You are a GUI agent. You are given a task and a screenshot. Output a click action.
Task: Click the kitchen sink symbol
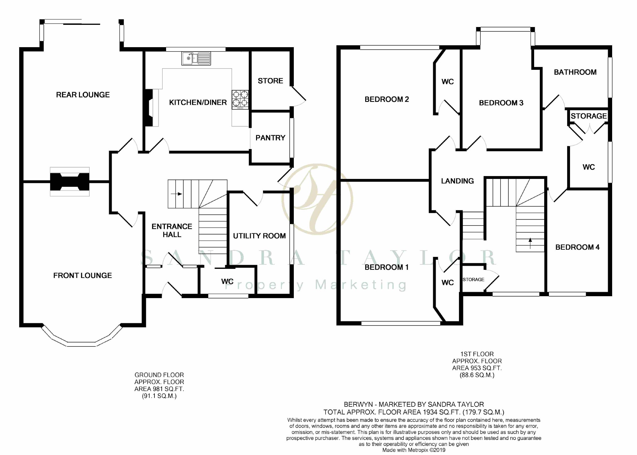pos(196,58)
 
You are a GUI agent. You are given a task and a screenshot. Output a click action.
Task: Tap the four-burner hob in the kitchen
pos(240,100)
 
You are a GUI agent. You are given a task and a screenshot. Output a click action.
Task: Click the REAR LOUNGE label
pos(83,95)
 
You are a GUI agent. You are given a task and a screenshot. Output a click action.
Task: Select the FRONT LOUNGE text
pos(82,275)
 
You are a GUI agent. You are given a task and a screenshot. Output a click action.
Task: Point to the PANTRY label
pos(270,138)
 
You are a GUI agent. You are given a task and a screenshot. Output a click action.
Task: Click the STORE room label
pos(270,81)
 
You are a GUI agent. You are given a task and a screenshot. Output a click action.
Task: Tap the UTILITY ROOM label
pos(259,236)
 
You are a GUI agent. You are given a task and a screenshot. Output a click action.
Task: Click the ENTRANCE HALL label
pos(172,230)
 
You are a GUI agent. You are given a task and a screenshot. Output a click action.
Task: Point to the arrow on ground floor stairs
pos(176,194)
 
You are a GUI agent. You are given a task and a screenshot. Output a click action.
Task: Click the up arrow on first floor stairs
pos(530,243)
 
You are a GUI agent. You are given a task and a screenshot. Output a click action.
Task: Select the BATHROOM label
pos(575,72)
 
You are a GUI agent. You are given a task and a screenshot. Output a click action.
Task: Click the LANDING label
pos(457,181)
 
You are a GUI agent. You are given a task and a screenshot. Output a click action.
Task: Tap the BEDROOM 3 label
pos(501,103)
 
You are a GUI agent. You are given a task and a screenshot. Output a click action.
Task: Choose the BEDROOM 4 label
pos(577,247)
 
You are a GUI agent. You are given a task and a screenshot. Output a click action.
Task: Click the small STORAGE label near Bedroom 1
pos(473,280)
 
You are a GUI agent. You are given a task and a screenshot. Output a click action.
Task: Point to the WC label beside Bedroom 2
pos(448,82)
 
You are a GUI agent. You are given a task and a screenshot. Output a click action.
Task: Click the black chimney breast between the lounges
pos(70,182)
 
